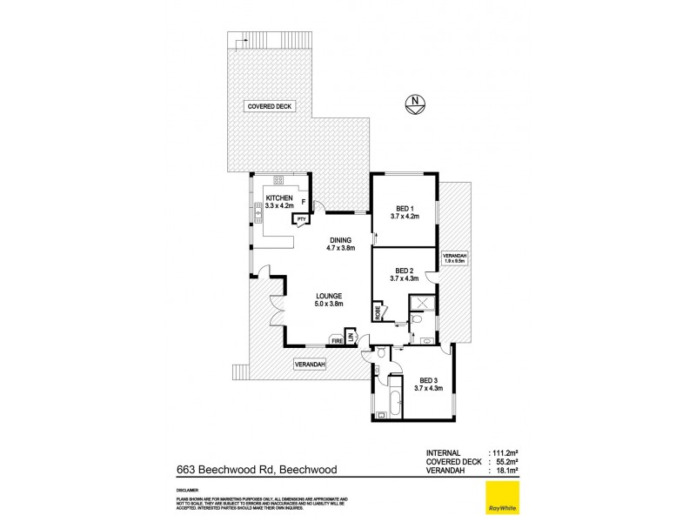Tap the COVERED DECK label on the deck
click(x=271, y=106)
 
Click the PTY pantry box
click(x=301, y=219)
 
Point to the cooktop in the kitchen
click(x=279, y=180)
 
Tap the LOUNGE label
click(x=328, y=296)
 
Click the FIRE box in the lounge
click(x=336, y=341)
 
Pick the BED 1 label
click(x=405, y=208)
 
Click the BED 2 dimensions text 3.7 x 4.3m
click(x=405, y=278)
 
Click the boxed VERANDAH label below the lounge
click(x=309, y=365)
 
